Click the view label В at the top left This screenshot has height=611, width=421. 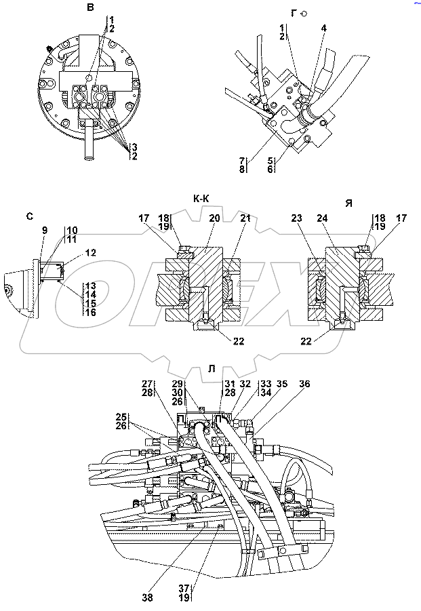click(x=91, y=7)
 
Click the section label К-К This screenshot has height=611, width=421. click(x=201, y=199)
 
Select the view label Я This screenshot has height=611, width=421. click(x=349, y=203)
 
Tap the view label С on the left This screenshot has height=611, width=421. click(x=30, y=216)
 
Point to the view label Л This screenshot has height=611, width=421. click(x=212, y=369)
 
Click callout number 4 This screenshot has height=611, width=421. click(x=324, y=28)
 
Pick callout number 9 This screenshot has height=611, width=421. click(x=45, y=231)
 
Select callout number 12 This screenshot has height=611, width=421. click(x=91, y=252)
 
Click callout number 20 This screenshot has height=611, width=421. click(x=215, y=218)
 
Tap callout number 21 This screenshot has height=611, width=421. click(x=245, y=218)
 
